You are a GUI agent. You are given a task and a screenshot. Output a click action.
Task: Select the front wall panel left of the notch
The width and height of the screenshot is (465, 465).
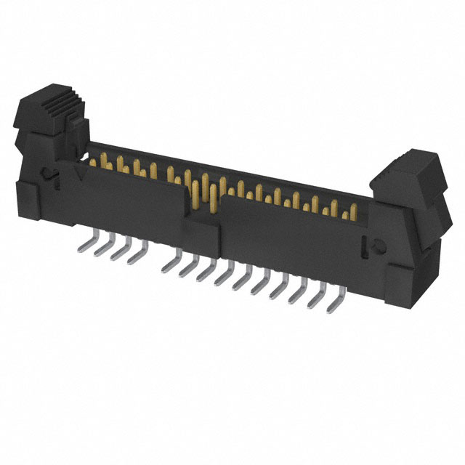tap(131, 207)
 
